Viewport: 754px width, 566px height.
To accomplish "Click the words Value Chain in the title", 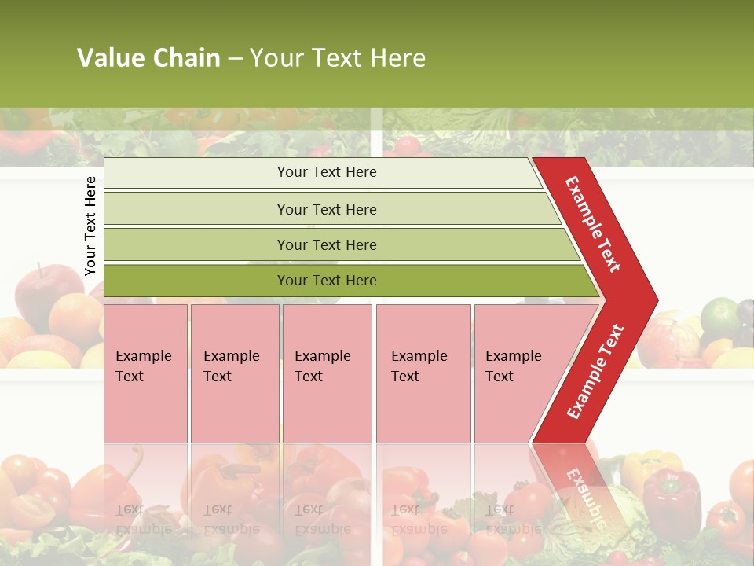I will [148, 58].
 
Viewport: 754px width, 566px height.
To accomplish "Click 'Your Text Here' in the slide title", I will [338, 58].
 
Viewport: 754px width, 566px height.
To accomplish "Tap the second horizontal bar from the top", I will [327, 209].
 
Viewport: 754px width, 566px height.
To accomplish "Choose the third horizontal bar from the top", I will [327, 244].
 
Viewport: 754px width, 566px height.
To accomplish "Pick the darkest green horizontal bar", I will [327, 281].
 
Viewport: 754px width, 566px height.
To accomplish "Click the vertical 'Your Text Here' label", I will [90, 226].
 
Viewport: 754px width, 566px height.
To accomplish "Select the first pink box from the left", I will [145, 373].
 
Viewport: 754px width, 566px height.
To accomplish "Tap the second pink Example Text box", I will [235, 373].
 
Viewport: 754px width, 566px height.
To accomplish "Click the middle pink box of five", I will [327, 373].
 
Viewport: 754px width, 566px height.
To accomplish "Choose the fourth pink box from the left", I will [423, 373].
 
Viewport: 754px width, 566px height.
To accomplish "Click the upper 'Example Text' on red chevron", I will [593, 224].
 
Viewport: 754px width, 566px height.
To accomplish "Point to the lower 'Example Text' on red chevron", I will [595, 372].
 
